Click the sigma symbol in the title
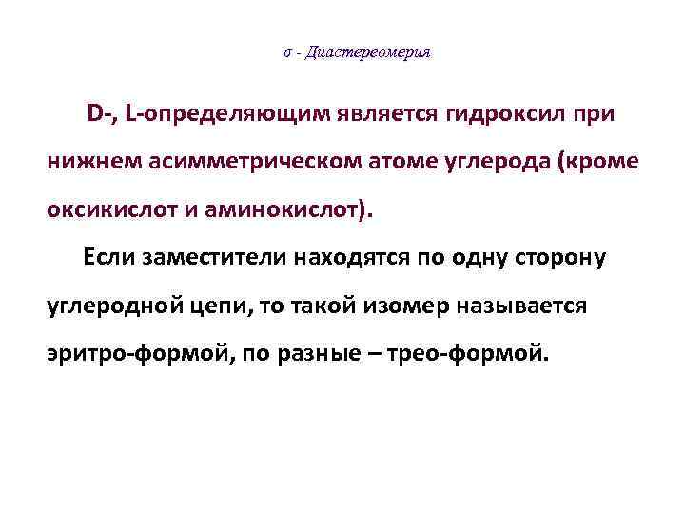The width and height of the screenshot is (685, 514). pyautogui.click(x=286, y=54)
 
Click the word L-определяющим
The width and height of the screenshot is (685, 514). pyautogui.click(x=232, y=115)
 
